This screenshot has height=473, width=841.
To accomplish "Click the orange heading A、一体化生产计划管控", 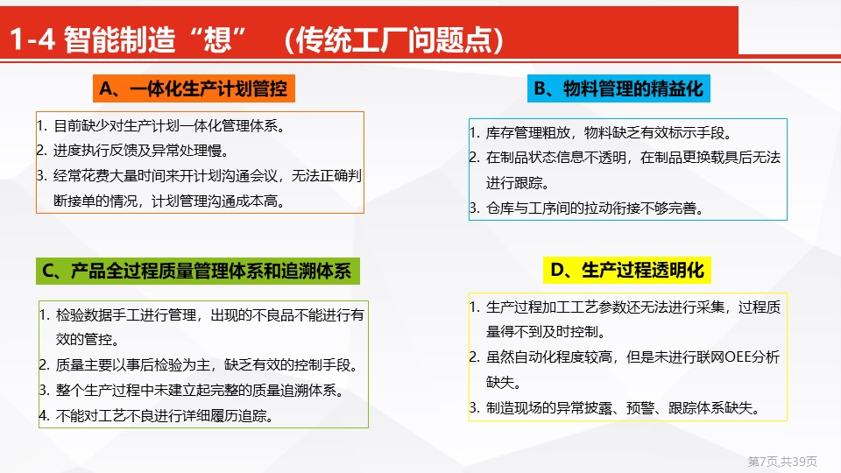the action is pyautogui.click(x=194, y=88).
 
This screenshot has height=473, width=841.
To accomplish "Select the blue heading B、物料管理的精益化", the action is pyautogui.click(x=618, y=88).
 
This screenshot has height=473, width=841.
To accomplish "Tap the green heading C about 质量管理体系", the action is pyautogui.click(x=198, y=271).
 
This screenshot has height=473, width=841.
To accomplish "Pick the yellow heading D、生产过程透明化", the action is pyautogui.click(x=627, y=270).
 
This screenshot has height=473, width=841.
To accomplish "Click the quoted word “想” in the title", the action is pyautogui.click(x=218, y=39).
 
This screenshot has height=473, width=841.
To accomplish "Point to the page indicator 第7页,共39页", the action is pyautogui.click(x=782, y=462).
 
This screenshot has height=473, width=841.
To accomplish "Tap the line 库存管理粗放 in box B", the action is pyautogui.click(x=601, y=132).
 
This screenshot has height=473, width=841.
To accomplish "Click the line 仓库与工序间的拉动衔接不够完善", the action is pyautogui.click(x=587, y=208).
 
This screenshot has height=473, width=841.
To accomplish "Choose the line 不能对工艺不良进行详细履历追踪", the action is pyautogui.click(x=156, y=415).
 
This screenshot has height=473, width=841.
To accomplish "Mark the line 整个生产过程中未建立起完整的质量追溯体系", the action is pyautogui.click(x=192, y=391).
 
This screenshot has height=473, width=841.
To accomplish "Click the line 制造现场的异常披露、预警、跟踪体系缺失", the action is pyautogui.click(x=615, y=408).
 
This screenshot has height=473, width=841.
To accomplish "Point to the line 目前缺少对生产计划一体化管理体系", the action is pyautogui.click(x=161, y=126).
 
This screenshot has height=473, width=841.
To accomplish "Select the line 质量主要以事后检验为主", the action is pyautogui.click(x=199, y=365).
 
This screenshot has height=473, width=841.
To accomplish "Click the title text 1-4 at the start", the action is pyautogui.click(x=32, y=39).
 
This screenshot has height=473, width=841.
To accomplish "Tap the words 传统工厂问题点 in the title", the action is pyautogui.click(x=393, y=39).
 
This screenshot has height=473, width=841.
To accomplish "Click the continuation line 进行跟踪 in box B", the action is pyautogui.click(x=518, y=183).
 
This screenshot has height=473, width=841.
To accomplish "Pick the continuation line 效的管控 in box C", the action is pyautogui.click(x=88, y=340).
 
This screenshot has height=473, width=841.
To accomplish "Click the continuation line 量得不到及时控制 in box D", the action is pyautogui.click(x=546, y=332).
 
